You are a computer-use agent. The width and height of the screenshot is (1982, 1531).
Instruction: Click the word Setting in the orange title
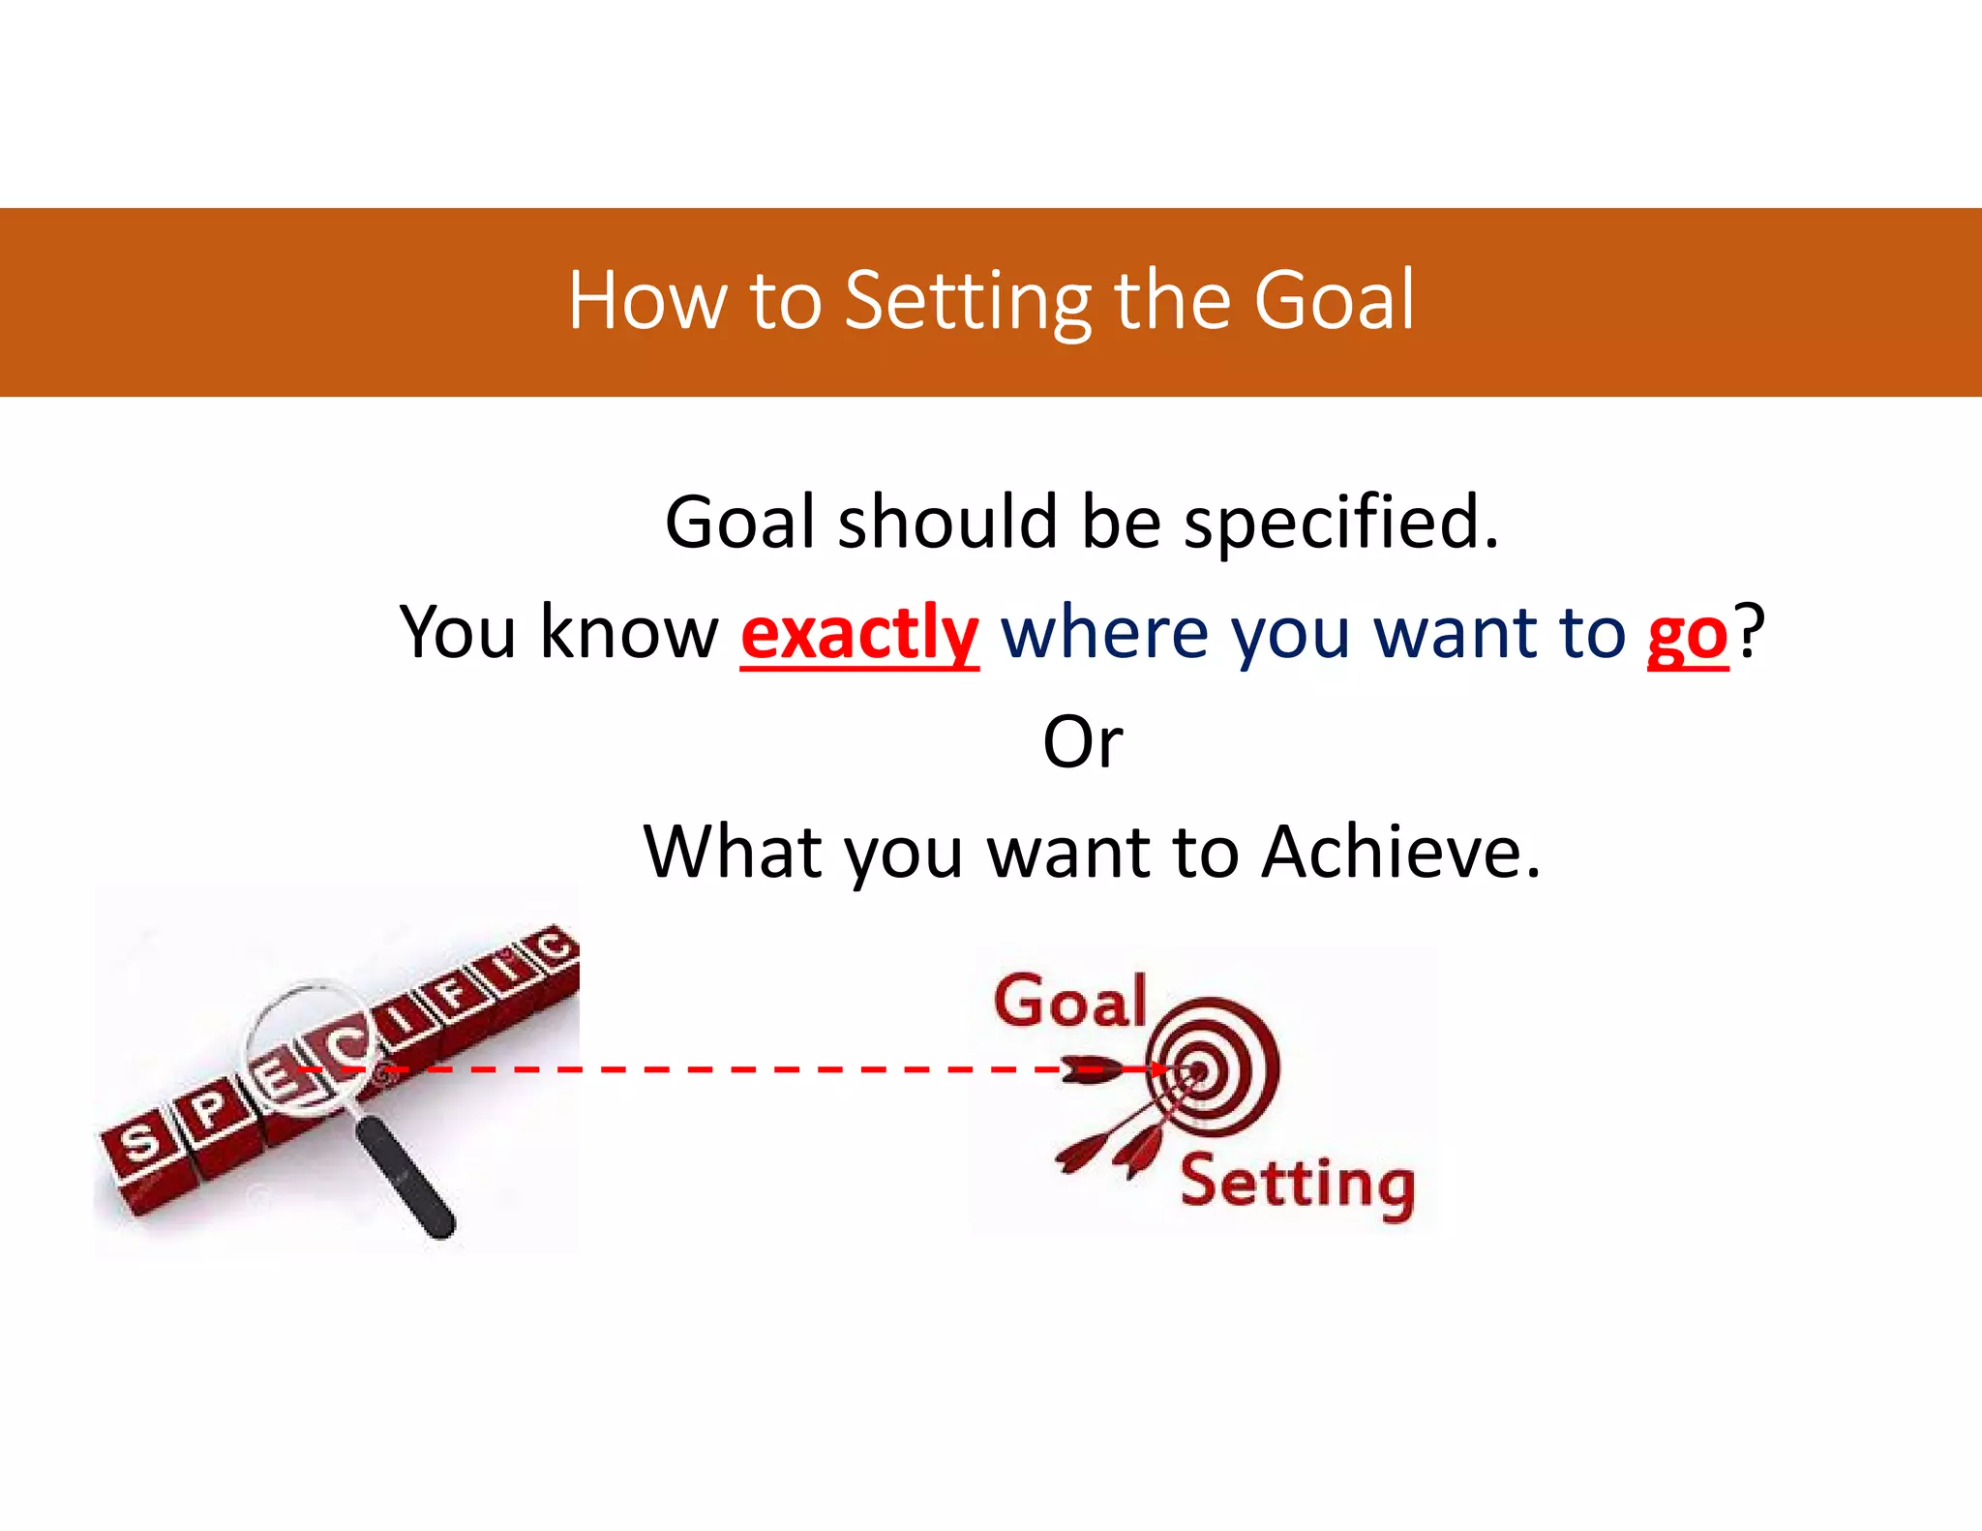pyautogui.click(x=968, y=302)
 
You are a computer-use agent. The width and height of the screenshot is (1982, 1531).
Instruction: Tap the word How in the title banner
pyautogui.click(x=646, y=302)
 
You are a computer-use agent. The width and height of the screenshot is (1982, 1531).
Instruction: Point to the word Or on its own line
pyautogui.click(x=1082, y=743)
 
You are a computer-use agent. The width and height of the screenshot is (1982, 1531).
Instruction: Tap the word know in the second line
pyautogui.click(x=628, y=633)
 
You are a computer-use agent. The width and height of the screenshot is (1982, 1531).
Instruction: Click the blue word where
pyautogui.click(x=1104, y=633)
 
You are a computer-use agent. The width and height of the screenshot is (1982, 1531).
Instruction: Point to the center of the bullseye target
pyautogui.click(x=1197, y=1070)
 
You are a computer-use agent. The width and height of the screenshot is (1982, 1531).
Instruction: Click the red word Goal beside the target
pyautogui.click(x=1069, y=1001)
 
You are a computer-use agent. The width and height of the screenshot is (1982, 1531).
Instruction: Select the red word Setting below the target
pyautogui.click(x=1297, y=1185)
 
